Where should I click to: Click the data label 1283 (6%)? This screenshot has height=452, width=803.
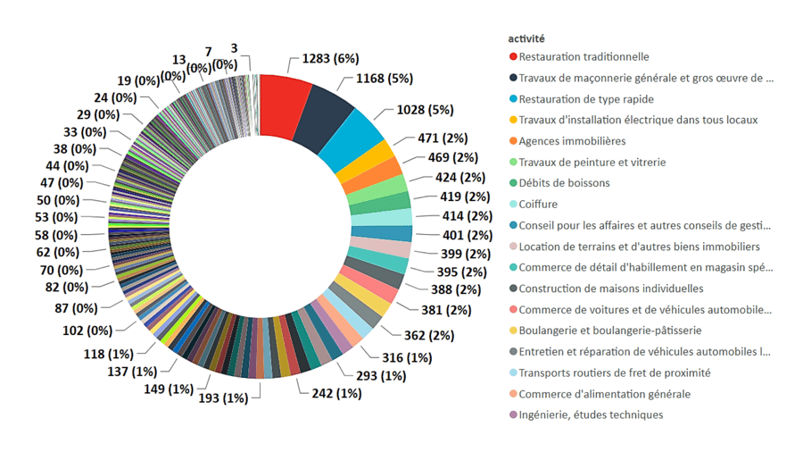(x=331, y=59)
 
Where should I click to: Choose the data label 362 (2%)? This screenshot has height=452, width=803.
(x=428, y=335)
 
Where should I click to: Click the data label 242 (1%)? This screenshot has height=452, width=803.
(x=335, y=393)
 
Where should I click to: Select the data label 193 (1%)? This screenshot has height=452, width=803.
(x=222, y=398)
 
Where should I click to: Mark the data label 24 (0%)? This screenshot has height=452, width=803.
(x=115, y=97)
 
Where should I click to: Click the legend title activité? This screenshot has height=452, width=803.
(x=526, y=38)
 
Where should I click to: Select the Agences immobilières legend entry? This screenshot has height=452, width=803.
(x=572, y=141)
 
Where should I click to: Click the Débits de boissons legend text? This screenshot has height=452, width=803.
(x=564, y=183)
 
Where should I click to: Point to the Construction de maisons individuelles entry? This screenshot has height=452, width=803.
(x=610, y=289)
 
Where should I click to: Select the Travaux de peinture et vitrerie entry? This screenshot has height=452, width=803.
(x=592, y=163)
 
